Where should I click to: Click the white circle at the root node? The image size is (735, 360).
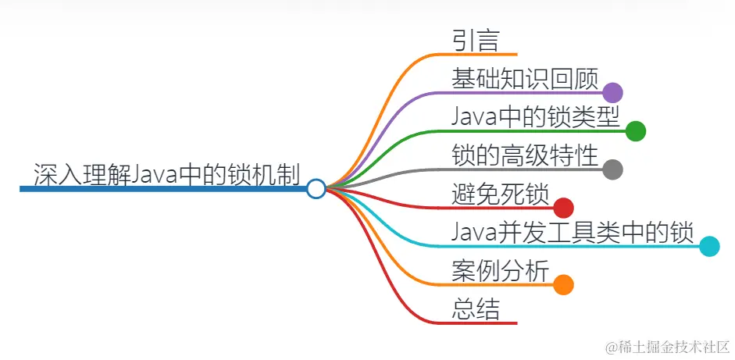[316, 189]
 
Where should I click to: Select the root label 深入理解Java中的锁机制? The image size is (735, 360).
[167, 173]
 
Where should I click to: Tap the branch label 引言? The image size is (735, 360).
[475, 40]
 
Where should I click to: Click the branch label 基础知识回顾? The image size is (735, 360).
[524, 78]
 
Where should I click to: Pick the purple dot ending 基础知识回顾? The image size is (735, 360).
[612, 93]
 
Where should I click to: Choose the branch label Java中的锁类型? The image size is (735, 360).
[535, 116]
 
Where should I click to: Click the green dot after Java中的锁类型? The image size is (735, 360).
[636, 131]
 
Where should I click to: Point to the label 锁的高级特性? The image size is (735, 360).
[524, 155]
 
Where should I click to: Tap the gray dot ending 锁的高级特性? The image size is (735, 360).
[612, 169]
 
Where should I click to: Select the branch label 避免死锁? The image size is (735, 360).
[500, 193]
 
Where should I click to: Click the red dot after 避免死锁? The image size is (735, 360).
[564, 208]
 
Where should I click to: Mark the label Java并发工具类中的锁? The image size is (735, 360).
[572, 231]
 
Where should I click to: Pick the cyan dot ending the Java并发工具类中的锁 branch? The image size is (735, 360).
[709, 247]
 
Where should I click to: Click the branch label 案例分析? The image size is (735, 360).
[500, 269]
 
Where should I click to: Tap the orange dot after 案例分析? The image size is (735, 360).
[564, 284]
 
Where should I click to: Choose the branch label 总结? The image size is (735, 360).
[475, 308]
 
